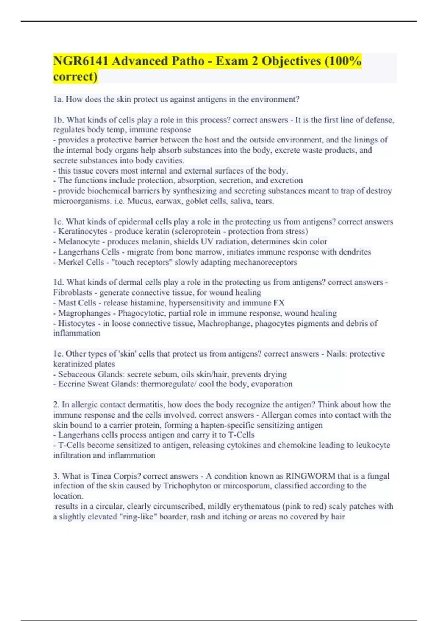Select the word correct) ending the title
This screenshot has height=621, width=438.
click(75, 77)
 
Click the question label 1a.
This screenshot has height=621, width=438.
click(58, 99)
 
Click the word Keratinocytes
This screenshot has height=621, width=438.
click(82, 232)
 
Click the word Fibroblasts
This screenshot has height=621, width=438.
click(72, 293)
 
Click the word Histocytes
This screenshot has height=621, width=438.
click(77, 323)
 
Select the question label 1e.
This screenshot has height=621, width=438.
click(58, 354)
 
